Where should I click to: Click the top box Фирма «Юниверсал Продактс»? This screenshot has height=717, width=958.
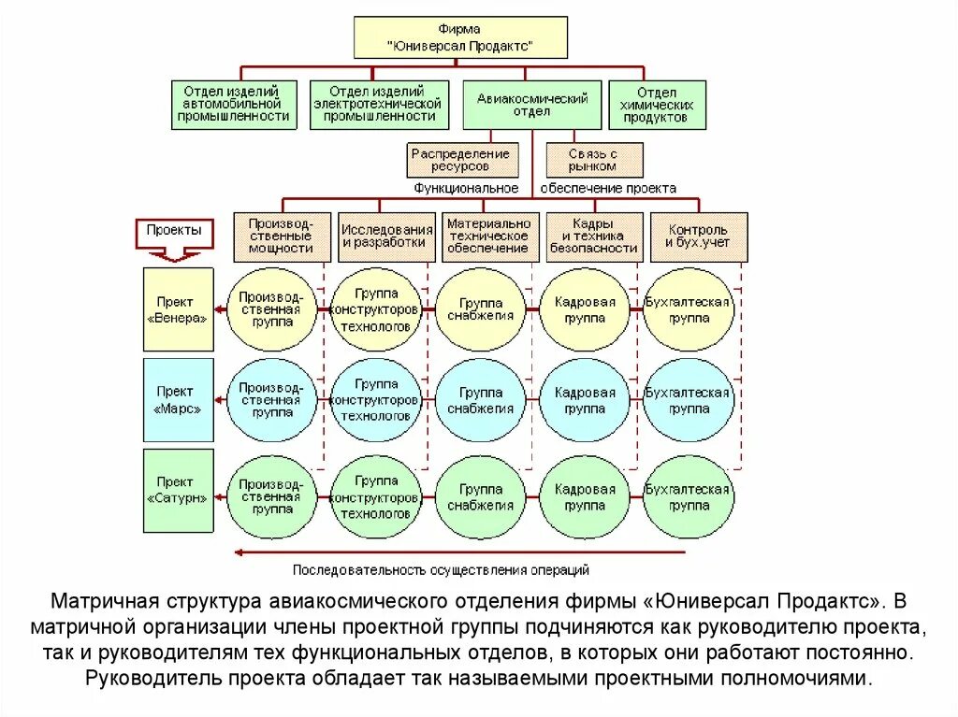tap(447, 37)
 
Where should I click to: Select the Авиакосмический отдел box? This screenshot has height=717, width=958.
tap(532, 105)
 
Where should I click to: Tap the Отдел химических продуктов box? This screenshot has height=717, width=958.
tap(657, 105)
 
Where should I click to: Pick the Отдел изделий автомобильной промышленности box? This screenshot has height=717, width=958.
tap(234, 104)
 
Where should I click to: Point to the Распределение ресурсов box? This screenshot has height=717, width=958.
tap(461, 160)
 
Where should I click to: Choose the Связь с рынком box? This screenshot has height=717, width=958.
tap(594, 160)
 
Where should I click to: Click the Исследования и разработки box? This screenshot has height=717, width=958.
tap(386, 237)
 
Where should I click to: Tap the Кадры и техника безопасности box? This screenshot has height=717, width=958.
tap(594, 237)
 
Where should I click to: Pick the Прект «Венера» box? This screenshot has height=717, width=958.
tap(178, 309)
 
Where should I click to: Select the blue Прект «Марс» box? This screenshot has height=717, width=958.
tap(178, 399)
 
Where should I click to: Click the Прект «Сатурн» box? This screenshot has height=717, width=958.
tap(178, 490)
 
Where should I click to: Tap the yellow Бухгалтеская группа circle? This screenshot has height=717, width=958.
tap(689, 309)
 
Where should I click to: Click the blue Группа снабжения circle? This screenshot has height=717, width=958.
tap(480, 399)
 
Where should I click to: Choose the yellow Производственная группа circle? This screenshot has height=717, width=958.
tap(271, 309)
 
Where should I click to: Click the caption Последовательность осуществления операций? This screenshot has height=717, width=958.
tap(441, 568)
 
